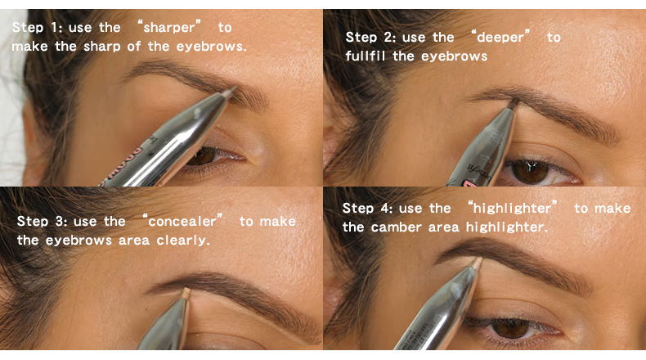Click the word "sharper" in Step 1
point(169,28)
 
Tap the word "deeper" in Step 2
point(500,38)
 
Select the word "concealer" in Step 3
point(182,222)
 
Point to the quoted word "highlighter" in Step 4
point(512,209)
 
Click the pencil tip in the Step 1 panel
point(229,92)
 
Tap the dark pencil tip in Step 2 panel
point(514,103)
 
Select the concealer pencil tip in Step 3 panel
point(186,294)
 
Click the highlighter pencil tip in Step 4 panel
point(477,263)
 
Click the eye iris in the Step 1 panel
point(204,156)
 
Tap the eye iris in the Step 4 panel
point(511,328)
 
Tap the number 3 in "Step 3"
point(59,222)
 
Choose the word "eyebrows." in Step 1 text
point(212,47)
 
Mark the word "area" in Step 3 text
point(134,241)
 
